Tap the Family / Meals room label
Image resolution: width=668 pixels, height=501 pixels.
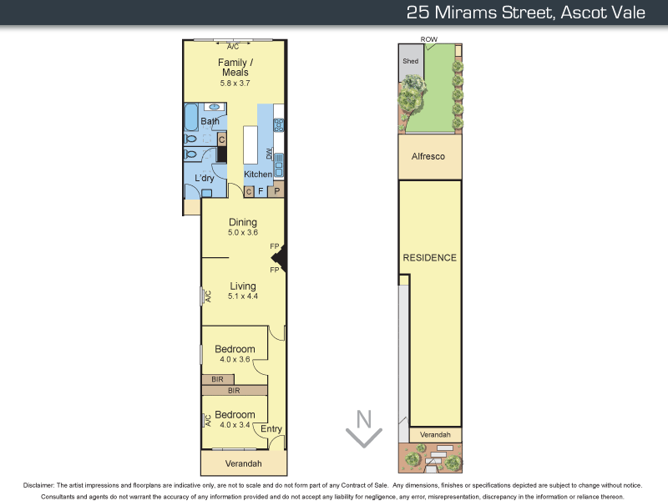[235, 68]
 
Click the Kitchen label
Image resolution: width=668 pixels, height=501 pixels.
[258, 175]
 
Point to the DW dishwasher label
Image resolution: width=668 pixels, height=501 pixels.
[269, 154]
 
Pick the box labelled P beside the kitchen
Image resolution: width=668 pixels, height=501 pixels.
[277, 191]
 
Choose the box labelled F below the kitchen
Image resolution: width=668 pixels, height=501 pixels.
[261, 191]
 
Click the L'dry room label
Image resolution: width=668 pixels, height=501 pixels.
[205, 178]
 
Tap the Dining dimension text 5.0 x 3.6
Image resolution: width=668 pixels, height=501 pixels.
[243, 233]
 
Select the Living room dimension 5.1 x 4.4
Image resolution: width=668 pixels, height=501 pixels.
[243, 296]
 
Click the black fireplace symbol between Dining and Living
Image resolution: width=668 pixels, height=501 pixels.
[282, 259]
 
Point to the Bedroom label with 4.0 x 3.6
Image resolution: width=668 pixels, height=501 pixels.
[235, 349]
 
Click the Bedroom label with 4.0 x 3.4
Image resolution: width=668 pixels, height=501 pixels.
[235, 415]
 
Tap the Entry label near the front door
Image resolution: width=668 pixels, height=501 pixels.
[271, 429]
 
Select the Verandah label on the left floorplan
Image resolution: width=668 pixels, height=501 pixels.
[244, 463]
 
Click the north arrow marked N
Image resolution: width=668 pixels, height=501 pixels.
[364, 428]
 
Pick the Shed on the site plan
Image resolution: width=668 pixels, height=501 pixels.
[410, 61]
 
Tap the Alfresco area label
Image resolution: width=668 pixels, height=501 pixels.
[428, 156]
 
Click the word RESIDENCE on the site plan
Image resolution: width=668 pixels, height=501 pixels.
[429, 257]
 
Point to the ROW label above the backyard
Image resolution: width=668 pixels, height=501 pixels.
[429, 39]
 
